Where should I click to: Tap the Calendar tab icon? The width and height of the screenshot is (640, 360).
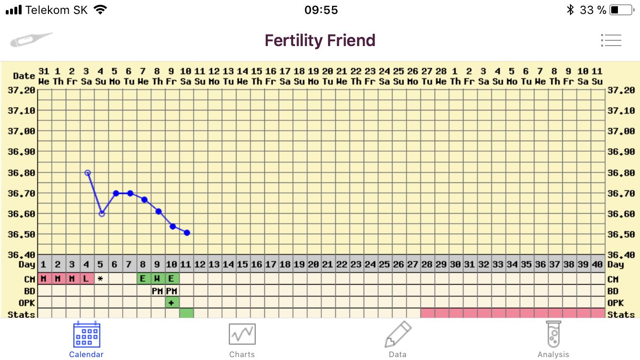click(86, 335)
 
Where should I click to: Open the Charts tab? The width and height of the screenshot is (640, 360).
click(242, 335)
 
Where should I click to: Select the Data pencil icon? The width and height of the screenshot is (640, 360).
click(398, 335)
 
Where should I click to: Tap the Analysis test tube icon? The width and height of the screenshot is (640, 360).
click(553, 335)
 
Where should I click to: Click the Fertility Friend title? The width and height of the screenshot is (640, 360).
click(320, 40)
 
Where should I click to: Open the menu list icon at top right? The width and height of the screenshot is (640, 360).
click(611, 40)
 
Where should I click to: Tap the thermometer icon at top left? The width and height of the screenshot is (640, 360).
click(31, 39)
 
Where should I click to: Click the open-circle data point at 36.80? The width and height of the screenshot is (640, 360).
click(87, 173)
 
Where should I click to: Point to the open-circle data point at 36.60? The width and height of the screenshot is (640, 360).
click(102, 214)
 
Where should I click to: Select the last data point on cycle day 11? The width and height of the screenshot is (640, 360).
click(187, 233)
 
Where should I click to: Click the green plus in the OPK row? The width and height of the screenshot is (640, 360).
click(171, 302)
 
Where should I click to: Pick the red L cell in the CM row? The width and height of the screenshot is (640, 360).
click(86, 279)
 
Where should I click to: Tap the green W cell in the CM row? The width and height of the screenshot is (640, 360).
click(157, 279)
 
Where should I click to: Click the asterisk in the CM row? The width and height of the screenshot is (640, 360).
click(100, 279)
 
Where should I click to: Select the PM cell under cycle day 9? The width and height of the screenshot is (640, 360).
click(157, 291)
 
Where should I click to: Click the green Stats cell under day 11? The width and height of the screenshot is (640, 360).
click(187, 313)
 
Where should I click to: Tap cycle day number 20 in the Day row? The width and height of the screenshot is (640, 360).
click(313, 264)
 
